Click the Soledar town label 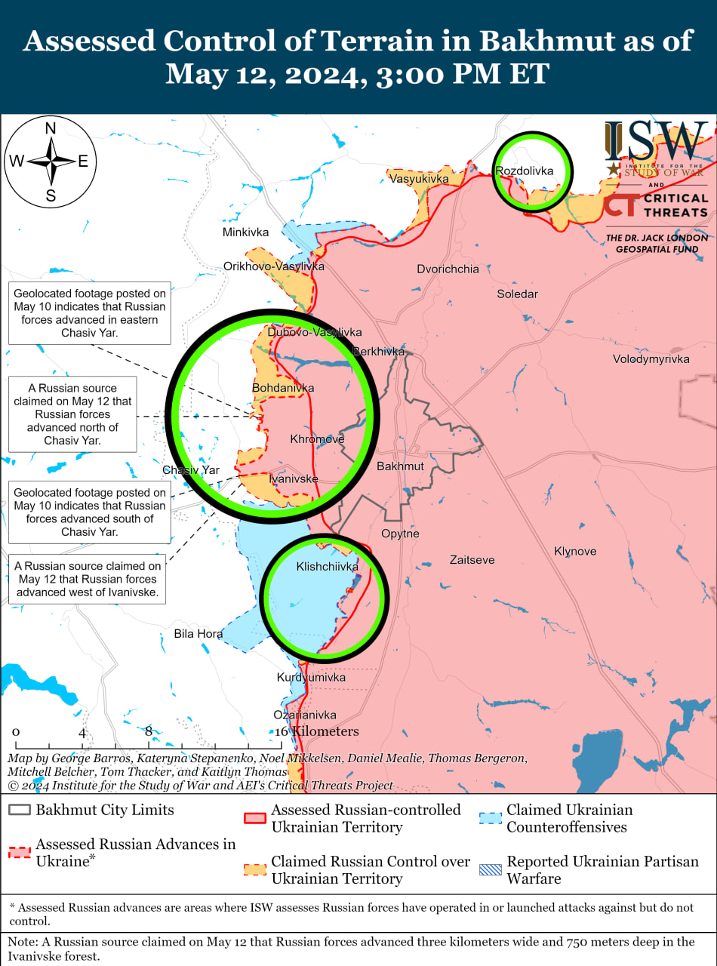[x=517, y=294]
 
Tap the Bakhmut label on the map [x=400, y=466]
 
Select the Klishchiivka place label [x=327, y=566]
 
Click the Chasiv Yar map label [x=191, y=470]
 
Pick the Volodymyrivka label [x=651, y=359]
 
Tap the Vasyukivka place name [x=418, y=179]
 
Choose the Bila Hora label [x=198, y=634]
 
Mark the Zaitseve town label [x=472, y=560]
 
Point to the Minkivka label [x=245, y=232]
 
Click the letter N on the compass [x=51, y=129]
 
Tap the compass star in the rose [x=51, y=161]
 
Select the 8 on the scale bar [x=149, y=731]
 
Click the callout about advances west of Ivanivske [x=85, y=580]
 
